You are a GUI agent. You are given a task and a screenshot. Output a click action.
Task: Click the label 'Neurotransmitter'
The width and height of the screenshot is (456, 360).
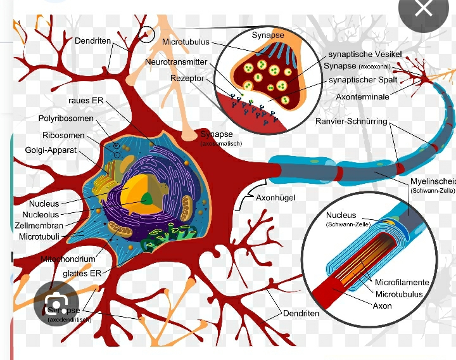pyautogui.click(x=176, y=62)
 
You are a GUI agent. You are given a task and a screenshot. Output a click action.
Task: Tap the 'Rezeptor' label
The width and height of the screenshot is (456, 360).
pyautogui.click(x=187, y=78)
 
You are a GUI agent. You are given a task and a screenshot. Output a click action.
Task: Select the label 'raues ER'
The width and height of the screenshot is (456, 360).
pyautogui.click(x=85, y=101)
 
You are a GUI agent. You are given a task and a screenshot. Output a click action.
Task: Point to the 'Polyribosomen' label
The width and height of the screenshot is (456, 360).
pyautogui.click(x=66, y=119)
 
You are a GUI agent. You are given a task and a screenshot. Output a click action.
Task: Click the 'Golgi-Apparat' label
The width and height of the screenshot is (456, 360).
pyautogui.click(x=51, y=150)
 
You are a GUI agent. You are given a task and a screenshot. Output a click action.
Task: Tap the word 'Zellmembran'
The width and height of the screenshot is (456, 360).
pyautogui.click(x=39, y=226)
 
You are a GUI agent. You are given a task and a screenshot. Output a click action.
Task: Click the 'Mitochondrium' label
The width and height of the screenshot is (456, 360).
pyautogui.click(x=68, y=259)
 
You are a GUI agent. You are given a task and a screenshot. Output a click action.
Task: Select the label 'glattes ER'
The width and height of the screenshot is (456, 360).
pyautogui.click(x=82, y=273)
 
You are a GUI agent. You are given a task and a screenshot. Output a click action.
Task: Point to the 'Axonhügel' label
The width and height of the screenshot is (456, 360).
pyautogui.click(x=275, y=198)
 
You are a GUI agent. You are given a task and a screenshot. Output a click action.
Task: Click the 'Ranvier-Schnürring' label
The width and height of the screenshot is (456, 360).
pyautogui.click(x=351, y=121)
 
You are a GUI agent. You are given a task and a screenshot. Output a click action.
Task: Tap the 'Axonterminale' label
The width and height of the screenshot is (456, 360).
pyautogui.click(x=362, y=97)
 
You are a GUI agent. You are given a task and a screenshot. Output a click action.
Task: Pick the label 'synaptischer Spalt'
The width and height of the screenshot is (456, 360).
pyautogui.click(x=363, y=80)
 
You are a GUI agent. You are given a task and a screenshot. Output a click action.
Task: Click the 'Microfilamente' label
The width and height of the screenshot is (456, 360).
pyautogui.click(x=402, y=282)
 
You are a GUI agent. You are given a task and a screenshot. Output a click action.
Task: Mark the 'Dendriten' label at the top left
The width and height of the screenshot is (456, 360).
pyautogui.click(x=92, y=41)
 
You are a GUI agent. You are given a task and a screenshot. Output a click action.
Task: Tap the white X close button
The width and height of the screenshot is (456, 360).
pyautogui.click(x=424, y=9)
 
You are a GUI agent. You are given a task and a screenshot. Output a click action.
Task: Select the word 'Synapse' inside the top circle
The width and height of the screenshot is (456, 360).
pyautogui.click(x=268, y=35)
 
